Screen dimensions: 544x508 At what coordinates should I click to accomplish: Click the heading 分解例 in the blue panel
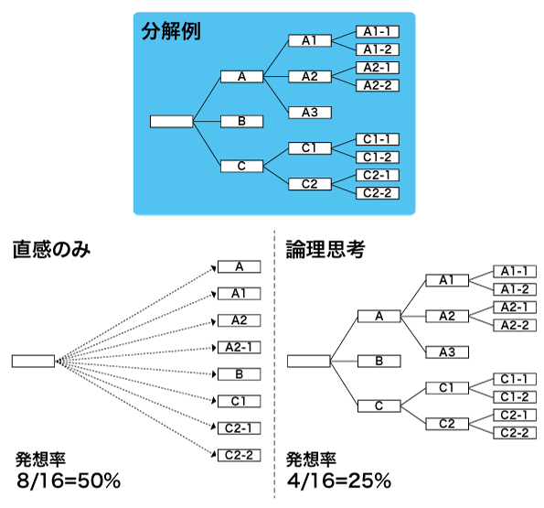[x=171, y=32]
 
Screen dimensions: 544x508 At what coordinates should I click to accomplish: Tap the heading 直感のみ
[x=52, y=249]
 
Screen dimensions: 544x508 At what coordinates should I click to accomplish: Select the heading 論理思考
[x=325, y=249]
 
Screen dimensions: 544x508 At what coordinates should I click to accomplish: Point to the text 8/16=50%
[x=69, y=481]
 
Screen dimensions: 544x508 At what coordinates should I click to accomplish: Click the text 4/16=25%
[x=339, y=481]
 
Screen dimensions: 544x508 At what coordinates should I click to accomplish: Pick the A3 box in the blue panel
[x=310, y=113]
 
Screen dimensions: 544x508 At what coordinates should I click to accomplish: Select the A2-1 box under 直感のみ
[x=239, y=347]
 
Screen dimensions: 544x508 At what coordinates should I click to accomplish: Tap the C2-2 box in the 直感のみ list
[x=239, y=455]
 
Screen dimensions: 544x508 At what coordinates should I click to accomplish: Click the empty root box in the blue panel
[x=171, y=122]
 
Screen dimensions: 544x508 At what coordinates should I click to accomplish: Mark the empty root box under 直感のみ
[x=33, y=362]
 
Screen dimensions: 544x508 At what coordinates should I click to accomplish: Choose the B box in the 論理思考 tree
[x=379, y=362]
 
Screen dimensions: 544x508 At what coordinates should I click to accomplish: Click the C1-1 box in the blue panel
[x=378, y=139]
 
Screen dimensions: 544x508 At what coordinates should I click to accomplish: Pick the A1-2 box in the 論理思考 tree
[x=515, y=289]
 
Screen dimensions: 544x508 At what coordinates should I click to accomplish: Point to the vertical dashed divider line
[x=274, y=364]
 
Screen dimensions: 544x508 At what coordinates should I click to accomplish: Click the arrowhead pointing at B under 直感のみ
[x=214, y=374]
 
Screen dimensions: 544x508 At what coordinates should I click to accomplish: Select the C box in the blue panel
[x=241, y=166]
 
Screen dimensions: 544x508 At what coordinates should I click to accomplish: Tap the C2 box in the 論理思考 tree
[x=447, y=424]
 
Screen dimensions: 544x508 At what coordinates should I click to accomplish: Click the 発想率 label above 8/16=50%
[x=40, y=459]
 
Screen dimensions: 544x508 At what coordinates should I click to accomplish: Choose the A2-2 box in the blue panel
[x=378, y=85]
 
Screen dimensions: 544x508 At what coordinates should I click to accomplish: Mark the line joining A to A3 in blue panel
[x=276, y=94]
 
